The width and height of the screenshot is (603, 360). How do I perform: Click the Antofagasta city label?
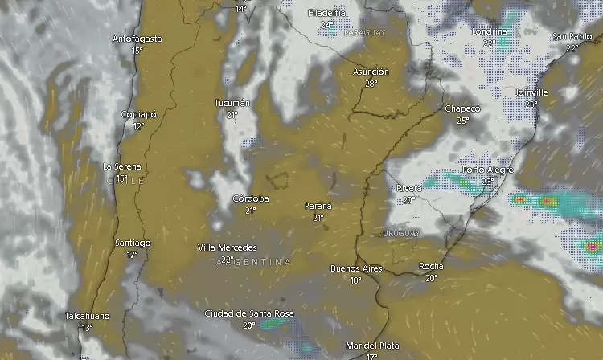point(137,39)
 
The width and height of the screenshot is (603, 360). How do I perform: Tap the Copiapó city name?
point(137,114)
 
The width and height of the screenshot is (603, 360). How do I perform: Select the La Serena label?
point(122,166)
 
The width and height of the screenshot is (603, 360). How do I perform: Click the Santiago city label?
point(133,243)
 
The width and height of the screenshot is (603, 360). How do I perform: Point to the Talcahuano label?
point(87,317)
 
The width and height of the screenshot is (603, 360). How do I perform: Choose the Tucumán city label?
point(232,103)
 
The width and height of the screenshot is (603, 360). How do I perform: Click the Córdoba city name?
point(250,198)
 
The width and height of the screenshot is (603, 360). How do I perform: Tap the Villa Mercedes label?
point(228,247)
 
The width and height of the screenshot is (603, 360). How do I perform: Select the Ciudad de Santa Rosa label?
point(249,313)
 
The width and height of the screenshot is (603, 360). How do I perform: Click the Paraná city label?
point(318,206)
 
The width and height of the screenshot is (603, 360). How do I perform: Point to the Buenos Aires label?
point(356,268)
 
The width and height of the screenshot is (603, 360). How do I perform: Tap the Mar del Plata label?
point(371,346)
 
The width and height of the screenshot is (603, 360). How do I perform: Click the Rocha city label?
point(431,266)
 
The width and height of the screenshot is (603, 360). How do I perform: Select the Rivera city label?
point(409,188)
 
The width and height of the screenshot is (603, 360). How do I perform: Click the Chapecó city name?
point(462,108)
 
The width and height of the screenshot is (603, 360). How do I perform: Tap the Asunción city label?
point(371,72)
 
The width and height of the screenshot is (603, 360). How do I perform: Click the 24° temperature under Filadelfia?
point(326,25)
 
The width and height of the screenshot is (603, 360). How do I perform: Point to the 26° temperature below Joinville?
point(531,104)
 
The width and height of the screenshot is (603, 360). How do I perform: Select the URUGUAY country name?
point(401,233)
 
